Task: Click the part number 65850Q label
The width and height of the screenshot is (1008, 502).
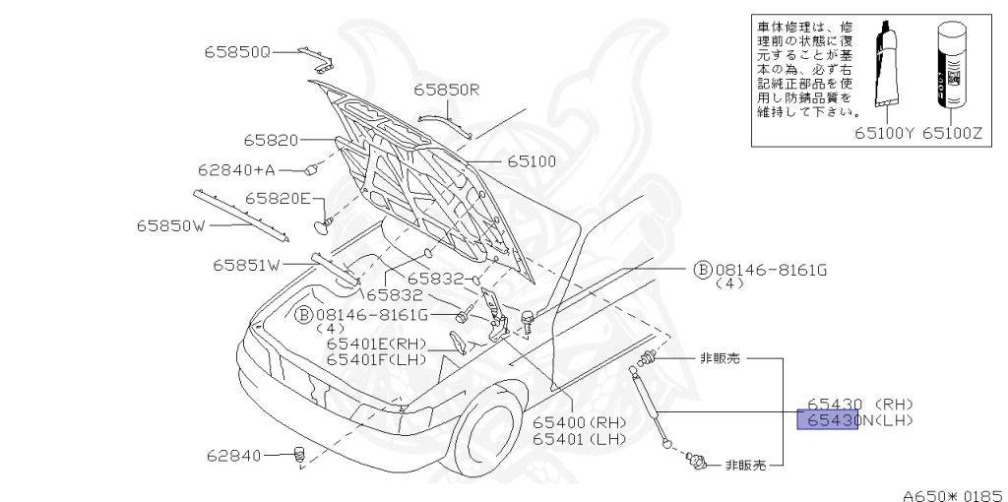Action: tap(237, 50)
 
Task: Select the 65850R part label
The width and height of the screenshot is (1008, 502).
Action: tap(446, 90)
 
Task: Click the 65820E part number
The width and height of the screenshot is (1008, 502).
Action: tap(279, 198)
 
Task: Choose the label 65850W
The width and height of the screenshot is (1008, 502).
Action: tap(170, 225)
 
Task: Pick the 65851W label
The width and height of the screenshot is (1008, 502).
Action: tap(246, 264)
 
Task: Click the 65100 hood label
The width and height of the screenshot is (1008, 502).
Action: tap(533, 160)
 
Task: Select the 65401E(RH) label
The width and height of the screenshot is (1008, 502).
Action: tap(377, 344)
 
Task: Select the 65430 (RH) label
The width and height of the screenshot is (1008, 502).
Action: tap(860, 404)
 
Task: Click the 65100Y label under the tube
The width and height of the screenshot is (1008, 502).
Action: tap(885, 130)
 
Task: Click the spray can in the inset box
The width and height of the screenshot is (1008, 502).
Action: tap(951, 65)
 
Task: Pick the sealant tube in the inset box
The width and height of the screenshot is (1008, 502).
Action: tap(888, 64)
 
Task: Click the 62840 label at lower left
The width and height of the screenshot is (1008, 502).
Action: tap(234, 456)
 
